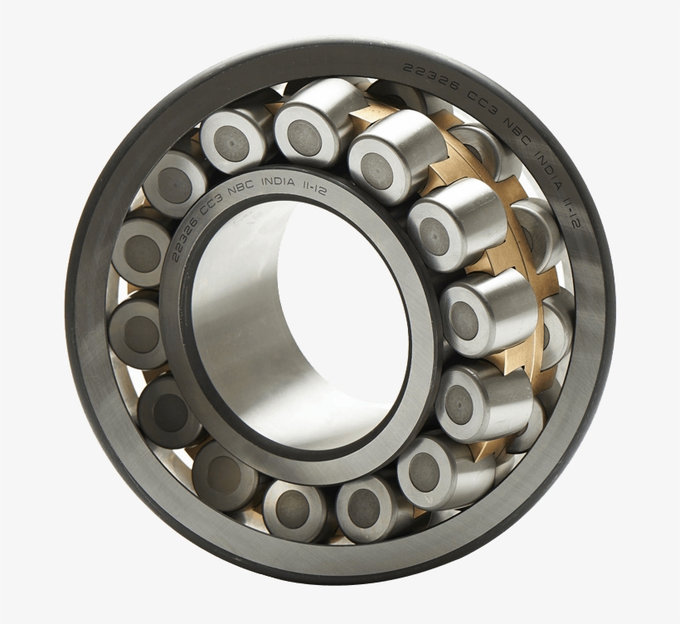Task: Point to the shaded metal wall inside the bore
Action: click(240, 349)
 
